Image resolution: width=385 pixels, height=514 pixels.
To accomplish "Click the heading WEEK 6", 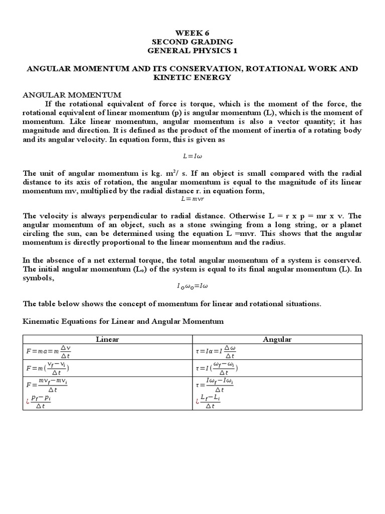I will [x=192, y=33].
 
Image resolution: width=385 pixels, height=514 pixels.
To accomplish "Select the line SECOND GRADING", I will [x=192, y=42].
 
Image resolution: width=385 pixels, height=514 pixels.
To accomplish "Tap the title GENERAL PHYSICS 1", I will [x=192, y=51].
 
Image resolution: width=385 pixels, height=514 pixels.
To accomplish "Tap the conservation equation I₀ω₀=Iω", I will [x=192, y=286].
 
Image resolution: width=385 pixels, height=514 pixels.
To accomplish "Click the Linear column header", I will [x=107, y=339].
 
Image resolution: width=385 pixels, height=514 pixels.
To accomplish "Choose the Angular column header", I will [x=277, y=339].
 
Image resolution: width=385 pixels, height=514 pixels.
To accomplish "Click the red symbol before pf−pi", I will [x=27, y=401].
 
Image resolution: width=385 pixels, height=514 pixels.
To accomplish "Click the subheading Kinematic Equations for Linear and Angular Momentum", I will [x=123, y=321].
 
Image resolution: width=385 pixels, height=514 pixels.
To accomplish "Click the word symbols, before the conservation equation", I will [x=39, y=278].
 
